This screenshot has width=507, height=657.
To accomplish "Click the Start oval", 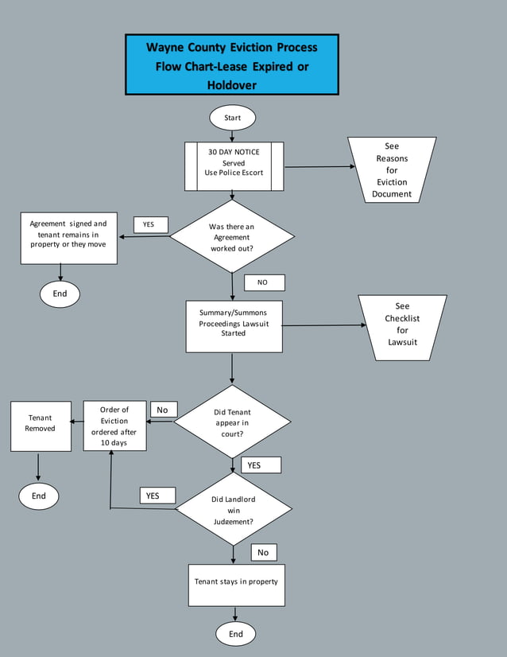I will (x=232, y=118).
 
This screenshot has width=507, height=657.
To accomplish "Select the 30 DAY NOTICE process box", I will (x=234, y=166).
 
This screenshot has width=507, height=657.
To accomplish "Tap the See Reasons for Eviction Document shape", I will (x=392, y=169).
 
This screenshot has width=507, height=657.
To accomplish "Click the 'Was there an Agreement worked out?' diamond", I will (x=232, y=237).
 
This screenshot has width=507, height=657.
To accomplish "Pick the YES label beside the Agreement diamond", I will (x=149, y=224).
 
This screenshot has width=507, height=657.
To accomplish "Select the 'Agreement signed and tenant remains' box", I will (x=68, y=238).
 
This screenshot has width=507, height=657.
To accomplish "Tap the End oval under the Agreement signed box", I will (x=60, y=294).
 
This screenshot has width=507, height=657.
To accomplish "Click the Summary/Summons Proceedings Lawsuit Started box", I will (x=234, y=325).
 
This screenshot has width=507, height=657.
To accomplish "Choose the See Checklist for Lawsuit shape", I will (x=402, y=327).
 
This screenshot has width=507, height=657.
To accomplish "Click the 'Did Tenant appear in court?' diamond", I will (x=232, y=422).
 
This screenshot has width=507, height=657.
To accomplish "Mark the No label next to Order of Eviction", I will (x=163, y=410).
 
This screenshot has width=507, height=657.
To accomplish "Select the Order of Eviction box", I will (x=114, y=426).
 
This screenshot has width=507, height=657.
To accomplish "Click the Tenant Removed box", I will (x=40, y=426).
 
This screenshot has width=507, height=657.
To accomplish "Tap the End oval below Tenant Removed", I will (x=39, y=496).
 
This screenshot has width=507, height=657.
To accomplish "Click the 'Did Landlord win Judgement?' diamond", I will (x=233, y=510).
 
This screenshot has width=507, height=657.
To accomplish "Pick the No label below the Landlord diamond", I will (x=263, y=552).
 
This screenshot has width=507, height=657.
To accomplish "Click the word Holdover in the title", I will (x=231, y=84).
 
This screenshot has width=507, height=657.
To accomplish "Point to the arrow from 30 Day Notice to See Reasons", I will (x=318, y=167).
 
